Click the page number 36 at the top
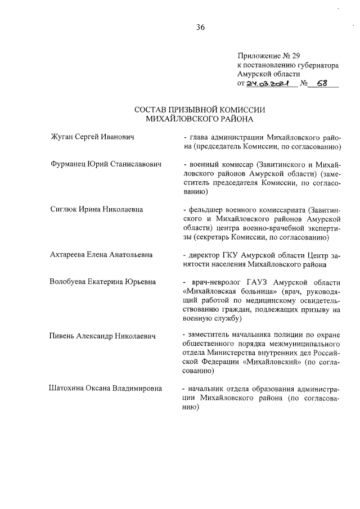[201, 28]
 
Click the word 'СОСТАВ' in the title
[155, 110]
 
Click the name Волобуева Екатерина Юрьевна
[102, 281]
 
